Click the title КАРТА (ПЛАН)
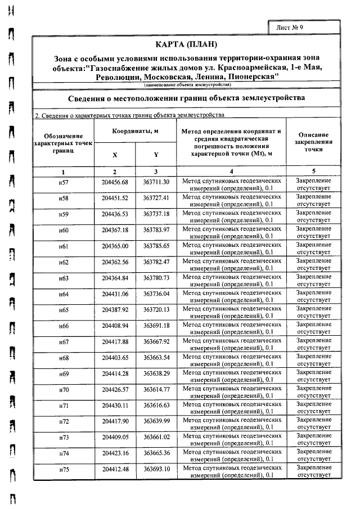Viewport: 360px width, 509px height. tap(186, 45)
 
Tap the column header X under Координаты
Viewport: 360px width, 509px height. tap(115, 155)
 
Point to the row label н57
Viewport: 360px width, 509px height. tap(64, 183)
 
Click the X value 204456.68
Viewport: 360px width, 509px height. tap(115, 183)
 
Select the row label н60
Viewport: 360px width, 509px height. tap(64, 231)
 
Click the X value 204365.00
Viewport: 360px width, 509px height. tap(115, 246)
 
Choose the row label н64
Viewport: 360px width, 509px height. tap(64, 294)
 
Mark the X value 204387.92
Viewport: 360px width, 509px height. tap(115, 310)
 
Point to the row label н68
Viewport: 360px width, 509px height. tap(64, 358)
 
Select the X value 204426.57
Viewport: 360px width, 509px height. tap(115, 389)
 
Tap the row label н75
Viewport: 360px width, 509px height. tap(64, 469)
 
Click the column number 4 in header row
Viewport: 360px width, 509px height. tap(231, 171)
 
